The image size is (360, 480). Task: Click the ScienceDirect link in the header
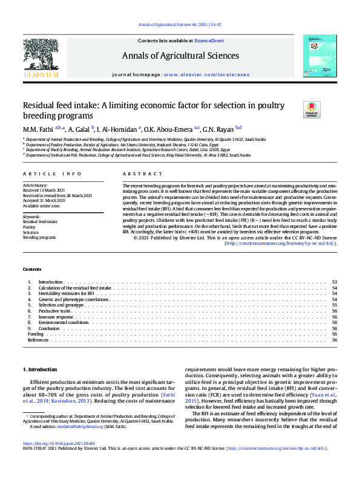click(x=209, y=39)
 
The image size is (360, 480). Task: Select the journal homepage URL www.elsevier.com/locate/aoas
click(x=206, y=74)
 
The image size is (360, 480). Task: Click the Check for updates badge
click(x=312, y=109)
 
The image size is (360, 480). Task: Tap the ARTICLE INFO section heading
click(x=52, y=174)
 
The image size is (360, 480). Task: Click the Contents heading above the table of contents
click(x=32, y=268)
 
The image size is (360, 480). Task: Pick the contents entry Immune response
click(x=56, y=317)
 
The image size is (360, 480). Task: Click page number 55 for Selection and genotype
click(x=334, y=305)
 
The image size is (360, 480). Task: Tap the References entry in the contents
click(x=38, y=340)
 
